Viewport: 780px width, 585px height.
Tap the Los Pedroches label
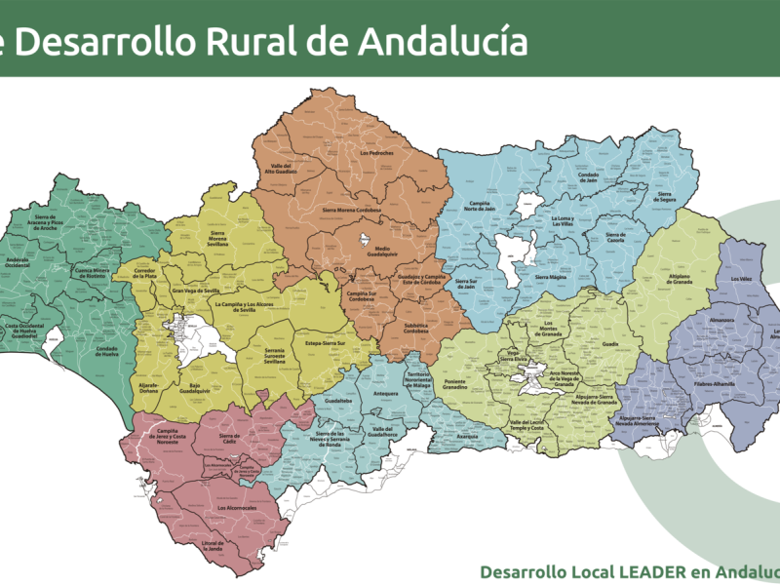click(x=376, y=153)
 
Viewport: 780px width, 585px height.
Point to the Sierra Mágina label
click(x=551, y=277)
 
